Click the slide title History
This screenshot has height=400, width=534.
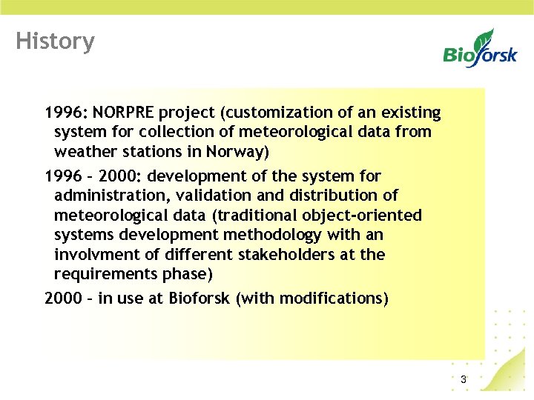point(55,41)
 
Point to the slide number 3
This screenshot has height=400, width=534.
point(464,380)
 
